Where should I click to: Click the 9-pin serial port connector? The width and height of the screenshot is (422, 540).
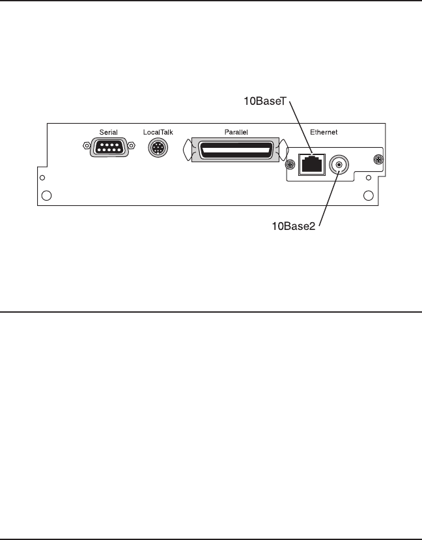(x=108, y=149)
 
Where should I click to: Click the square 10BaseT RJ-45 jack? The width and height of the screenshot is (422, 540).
(x=311, y=164)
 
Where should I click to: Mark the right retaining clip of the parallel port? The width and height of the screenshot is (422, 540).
(x=281, y=151)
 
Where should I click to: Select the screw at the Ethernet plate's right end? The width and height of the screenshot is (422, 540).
(x=376, y=158)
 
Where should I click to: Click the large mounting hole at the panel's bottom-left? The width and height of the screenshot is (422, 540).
(x=47, y=195)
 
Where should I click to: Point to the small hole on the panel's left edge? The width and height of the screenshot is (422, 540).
(x=42, y=178)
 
